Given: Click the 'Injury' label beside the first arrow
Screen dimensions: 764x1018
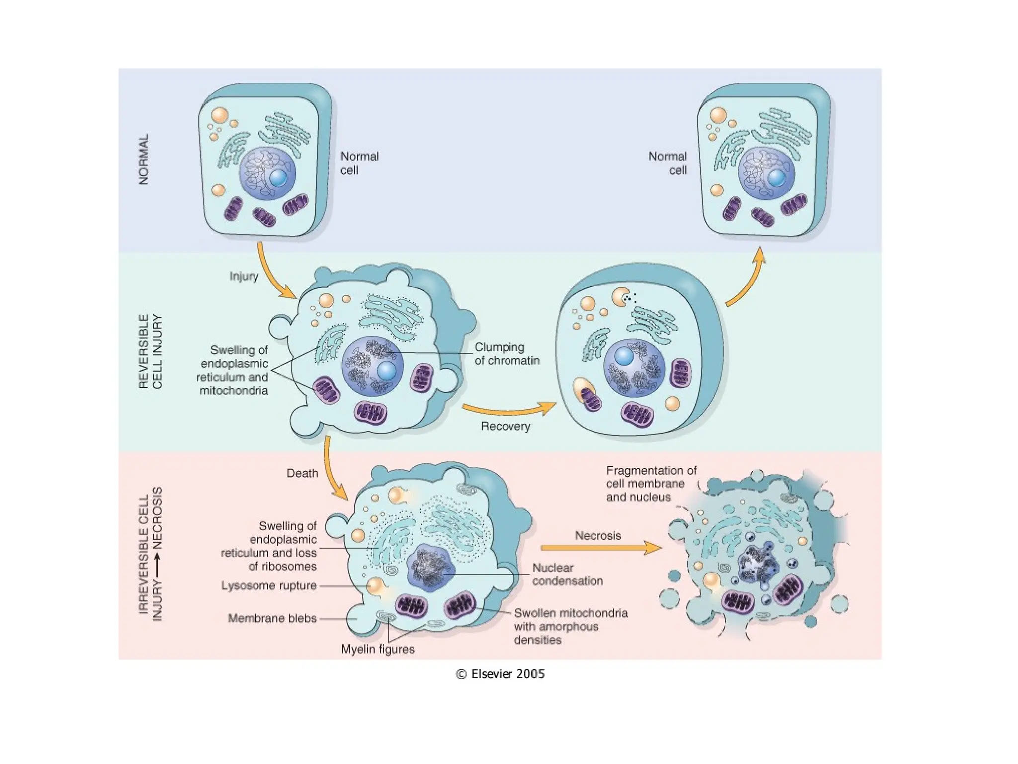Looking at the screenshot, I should click(x=244, y=276).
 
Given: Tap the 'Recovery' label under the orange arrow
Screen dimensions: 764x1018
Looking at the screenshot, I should click(x=505, y=426).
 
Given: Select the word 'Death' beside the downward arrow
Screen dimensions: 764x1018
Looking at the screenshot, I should click(x=302, y=473).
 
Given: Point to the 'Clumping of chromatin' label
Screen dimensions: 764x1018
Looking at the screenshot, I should click(x=507, y=354).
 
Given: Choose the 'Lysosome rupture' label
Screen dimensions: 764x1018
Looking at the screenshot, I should click(x=269, y=586).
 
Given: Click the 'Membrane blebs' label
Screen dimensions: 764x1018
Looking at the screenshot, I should click(x=272, y=618).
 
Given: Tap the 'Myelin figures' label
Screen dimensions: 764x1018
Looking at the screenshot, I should click(x=377, y=649).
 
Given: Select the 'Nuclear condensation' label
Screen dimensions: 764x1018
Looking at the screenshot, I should click(x=567, y=574).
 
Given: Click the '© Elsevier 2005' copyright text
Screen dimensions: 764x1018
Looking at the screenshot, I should click(x=501, y=674).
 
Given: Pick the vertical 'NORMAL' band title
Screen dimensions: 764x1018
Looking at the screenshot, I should click(x=143, y=159).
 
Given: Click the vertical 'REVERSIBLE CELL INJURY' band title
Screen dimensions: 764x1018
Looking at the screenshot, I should click(x=150, y=351).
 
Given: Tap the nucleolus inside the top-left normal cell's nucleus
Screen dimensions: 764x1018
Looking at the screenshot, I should click(x=278, y=178).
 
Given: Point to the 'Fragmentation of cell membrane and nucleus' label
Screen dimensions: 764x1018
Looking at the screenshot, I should click(x=651, y=483).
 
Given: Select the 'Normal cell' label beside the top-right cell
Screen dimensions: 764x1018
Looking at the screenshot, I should click(x=668, y=163).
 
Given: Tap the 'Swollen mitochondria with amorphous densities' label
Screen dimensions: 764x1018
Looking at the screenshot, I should click(x=571, y=626).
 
